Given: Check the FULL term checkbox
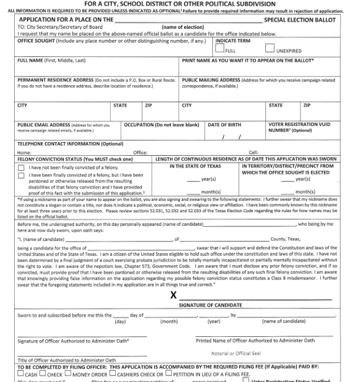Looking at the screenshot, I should click(x=220, y=51).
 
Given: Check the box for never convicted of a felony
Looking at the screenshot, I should click(x=21, y=167).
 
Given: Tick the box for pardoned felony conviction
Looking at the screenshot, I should click(x=21, y=176).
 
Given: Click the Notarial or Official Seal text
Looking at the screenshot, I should click(x=235, y=353).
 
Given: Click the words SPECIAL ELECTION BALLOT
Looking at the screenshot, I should click(x=301, y=20).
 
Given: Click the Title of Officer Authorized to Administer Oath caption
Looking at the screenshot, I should click(x=66, y=360).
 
